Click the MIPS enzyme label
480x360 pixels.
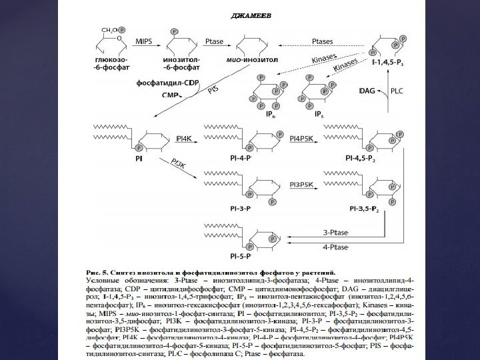tap(143, 41)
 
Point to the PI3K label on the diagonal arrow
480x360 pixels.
tap(179, 165)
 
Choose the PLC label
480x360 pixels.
tap(396, 89)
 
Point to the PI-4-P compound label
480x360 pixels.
tap(240, 160)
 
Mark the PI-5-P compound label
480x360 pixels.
tap(240, 256)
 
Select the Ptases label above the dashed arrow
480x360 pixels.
tap(323, 41)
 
